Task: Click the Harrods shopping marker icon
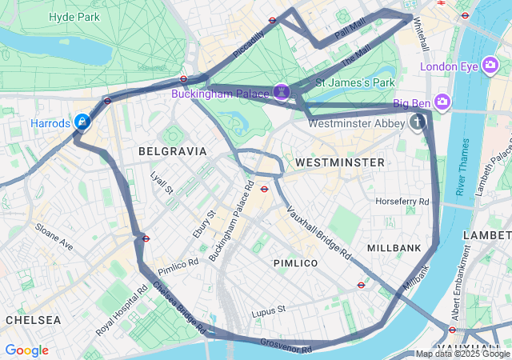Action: pyautogui.click(x=82, y=122)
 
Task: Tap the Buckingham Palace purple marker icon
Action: pyautogui.click(x=282, y=93)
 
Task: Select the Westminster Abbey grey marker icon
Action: pyautogui.click(x=417, y=122)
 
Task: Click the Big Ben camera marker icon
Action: pyautogui.click(x=443, y=102)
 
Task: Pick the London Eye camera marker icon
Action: pyautogui.click(x=491, y=66)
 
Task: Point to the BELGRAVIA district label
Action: pyautogui.click(x=172, y=151)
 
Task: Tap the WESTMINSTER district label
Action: pyautogui.click(x=339, y=162)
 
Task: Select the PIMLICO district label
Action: pyautogui.click(x=295, y=263)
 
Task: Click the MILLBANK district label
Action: pyautogui.click(x=394, y=249)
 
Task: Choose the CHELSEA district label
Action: pyautogui.click(x=33, y=320)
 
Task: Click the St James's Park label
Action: pyautogui.click(x=356, y=82)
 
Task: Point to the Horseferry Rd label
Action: pyautogui.click(x=402, y=201)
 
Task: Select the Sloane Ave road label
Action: pyautogui.click(x=54, y=238)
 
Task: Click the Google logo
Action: pyautogui.click(x=26, y=350)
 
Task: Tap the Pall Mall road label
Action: pyautogui.click(x=350, y=31)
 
